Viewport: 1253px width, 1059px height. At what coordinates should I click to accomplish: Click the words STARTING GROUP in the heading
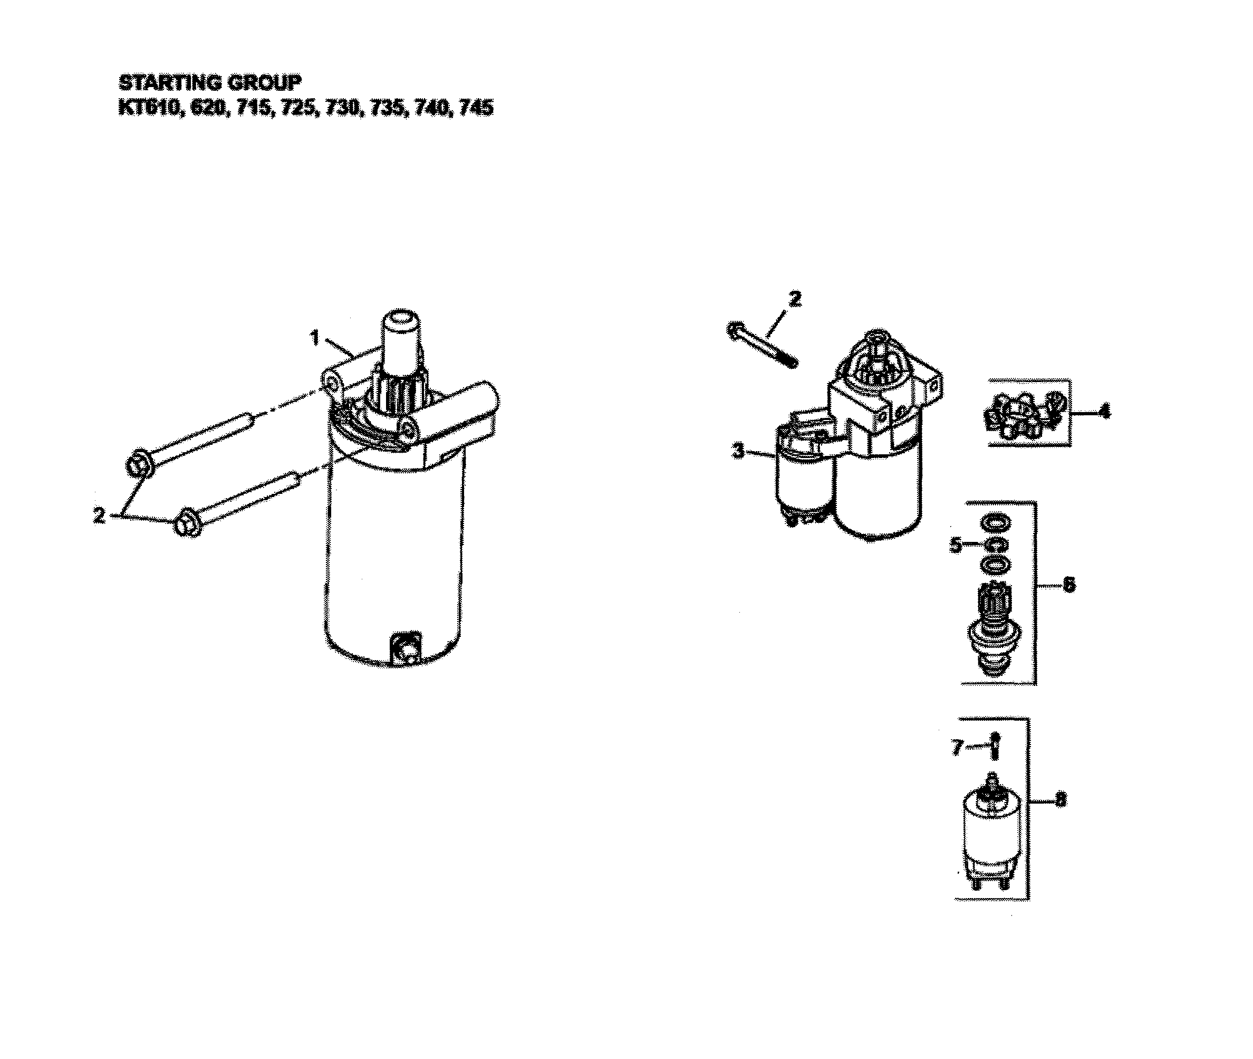coord(210,82)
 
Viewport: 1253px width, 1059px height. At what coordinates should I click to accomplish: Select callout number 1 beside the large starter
coord(314,338)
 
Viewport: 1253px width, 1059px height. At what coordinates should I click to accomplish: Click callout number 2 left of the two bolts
coord(100,515)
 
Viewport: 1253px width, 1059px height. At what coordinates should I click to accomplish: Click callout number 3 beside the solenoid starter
coord(738,450)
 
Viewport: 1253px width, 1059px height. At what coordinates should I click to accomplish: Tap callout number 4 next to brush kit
coord(1104,412)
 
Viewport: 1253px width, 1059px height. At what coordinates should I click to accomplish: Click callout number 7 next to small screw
coord(957,748)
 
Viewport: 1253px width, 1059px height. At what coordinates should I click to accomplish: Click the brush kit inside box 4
coord(1026,414)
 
